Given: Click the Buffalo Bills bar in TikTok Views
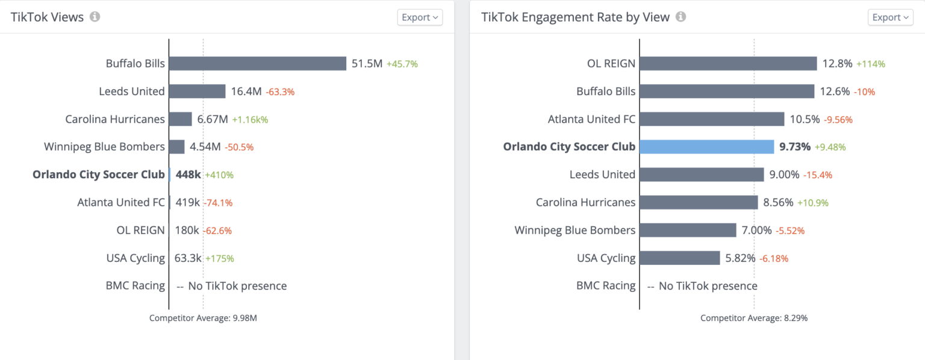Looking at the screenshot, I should point(258,63).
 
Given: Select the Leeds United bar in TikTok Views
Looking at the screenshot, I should point(197,92).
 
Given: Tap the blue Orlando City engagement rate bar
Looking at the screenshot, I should point(706,147).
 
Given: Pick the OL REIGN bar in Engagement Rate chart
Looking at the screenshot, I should point(728,63).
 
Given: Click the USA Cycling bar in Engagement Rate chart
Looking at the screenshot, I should point(680,258).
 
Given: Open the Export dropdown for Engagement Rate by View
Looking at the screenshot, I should point(890,17).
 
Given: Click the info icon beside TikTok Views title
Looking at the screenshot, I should point(95,17).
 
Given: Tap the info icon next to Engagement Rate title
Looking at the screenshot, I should point(681,17).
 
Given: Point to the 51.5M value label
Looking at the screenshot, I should point(367,63).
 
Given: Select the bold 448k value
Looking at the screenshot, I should point(188,175).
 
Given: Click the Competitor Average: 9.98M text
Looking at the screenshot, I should point(203,318).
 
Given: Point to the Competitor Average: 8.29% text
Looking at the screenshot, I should point(754,318).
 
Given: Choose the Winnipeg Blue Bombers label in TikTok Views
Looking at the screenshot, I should point(104,147).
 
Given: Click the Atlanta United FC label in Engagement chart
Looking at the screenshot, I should point(591,119).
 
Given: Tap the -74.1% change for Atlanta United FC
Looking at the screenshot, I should point(218,203).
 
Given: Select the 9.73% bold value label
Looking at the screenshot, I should point(795,147).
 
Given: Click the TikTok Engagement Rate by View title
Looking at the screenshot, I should point(575,17).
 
